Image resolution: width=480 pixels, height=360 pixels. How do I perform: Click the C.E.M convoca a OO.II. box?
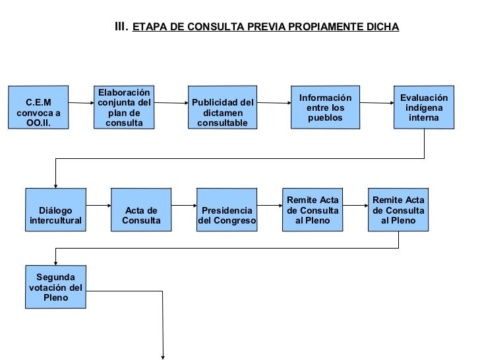(38, 107)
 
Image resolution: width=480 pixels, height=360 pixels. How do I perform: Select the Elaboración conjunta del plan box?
(124, 107)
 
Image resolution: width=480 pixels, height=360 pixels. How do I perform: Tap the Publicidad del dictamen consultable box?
(222, 107)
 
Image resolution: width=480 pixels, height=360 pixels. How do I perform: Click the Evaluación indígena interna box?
(423, 107)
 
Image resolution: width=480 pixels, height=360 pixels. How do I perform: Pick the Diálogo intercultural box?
(55, 210)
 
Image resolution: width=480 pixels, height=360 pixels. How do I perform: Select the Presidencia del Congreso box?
(226, 210)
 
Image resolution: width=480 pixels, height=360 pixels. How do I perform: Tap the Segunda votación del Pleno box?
(55, 287)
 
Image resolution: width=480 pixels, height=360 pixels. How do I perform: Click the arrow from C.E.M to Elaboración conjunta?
(82, 103)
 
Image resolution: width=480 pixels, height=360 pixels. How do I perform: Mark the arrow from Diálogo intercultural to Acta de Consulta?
(98, 206)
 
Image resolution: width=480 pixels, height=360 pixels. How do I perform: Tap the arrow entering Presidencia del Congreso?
(184, 206)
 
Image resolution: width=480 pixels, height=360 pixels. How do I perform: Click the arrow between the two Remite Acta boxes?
(355, 206)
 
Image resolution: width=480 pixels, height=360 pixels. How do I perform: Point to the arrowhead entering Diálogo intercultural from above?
(55, 185)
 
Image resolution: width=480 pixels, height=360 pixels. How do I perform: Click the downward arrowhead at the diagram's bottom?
(162, 356)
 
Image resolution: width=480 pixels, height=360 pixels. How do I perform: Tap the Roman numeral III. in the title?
(121, 27)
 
